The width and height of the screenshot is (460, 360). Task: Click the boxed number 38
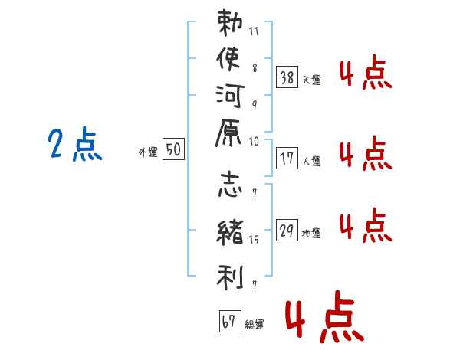tap(287, 77)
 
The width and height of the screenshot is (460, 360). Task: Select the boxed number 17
tap(287, 159)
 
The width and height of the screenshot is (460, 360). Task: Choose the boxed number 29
tap(287, 231)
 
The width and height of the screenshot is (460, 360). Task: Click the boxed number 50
tap(173, 150)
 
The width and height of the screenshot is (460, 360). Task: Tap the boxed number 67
tap(229, 321)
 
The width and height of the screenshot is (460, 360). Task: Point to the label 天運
tap(311, 80)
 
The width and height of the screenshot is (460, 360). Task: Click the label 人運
tap(311, 162)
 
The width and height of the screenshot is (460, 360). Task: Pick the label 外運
tap(147, 152)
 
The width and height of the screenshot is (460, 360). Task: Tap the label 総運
tap(255, 324)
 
